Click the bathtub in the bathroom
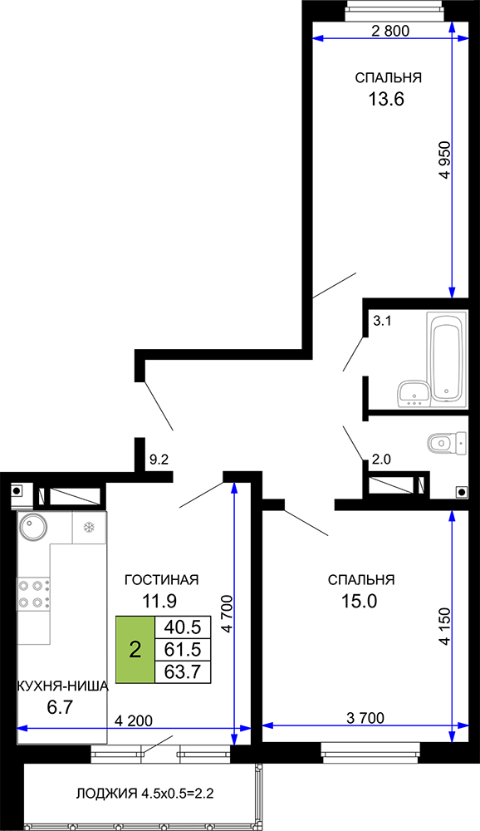446,357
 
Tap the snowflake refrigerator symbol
89,528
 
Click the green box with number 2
135,649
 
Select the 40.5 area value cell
182,627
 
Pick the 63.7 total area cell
182,672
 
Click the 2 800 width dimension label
390,31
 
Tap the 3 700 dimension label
365,718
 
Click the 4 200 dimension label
134,720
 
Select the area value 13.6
386,99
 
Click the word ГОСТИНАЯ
162,580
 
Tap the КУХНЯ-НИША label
62,686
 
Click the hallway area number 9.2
159,460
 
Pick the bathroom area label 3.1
382,321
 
